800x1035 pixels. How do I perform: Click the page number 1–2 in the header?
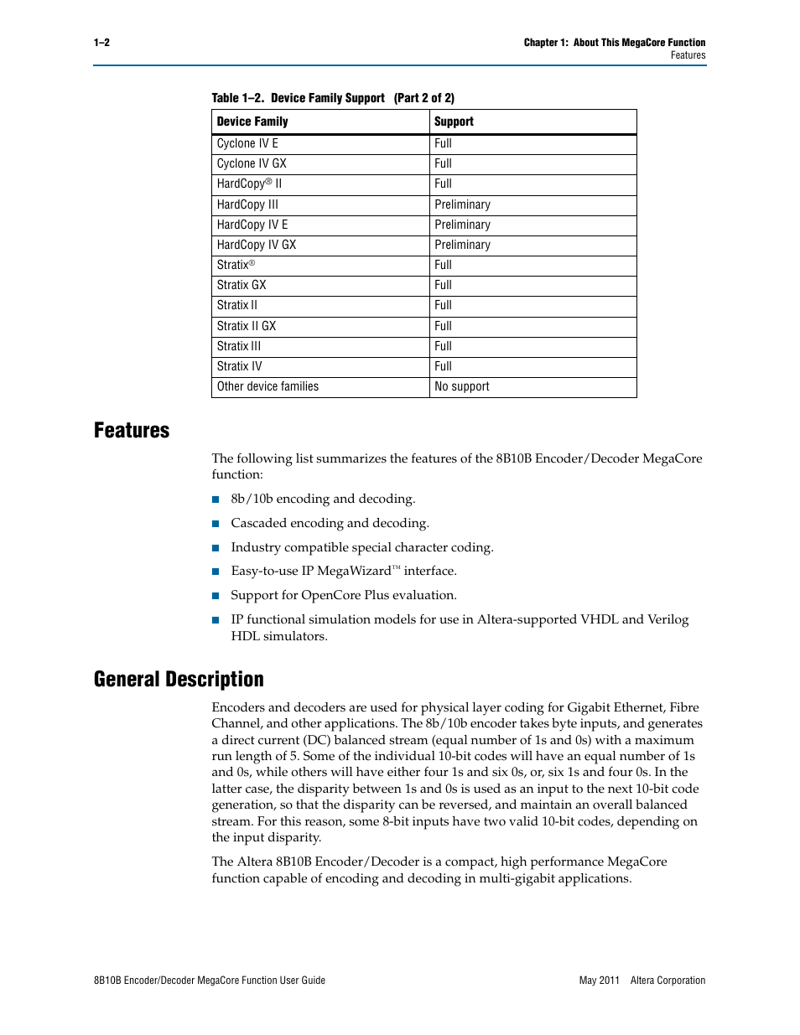click(x=101, y=43)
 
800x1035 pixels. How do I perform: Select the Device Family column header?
click(x=252, y=122)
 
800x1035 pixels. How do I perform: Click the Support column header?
click(x=454, y=122)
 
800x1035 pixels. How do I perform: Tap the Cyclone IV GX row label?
click(x=252, y=164)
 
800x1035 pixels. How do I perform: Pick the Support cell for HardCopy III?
click(x=462, y=204)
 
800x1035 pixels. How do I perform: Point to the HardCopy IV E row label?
click(x=252, y=225)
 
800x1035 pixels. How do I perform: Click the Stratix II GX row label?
click(x=246, y=326)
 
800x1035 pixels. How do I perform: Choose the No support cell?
click(x=462, y=387)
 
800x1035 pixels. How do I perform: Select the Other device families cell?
click(x=268, y=387)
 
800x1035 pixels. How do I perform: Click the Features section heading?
click(x=132, y=431)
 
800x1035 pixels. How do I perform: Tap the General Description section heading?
click(x=179, y=680)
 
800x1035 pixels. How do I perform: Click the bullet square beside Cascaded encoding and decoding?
click(x=216, y=524)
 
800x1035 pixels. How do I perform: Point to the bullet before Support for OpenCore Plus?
click(x=216, y=596)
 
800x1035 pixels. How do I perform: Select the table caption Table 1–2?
click(x=237, y=98)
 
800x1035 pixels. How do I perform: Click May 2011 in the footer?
click(x=599, y=981)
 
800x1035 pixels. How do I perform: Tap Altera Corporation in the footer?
click(x=668, y=981)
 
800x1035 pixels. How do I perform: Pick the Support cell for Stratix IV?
click(x=443, y=367)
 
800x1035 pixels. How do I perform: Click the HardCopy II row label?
click(x=249, y=184)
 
